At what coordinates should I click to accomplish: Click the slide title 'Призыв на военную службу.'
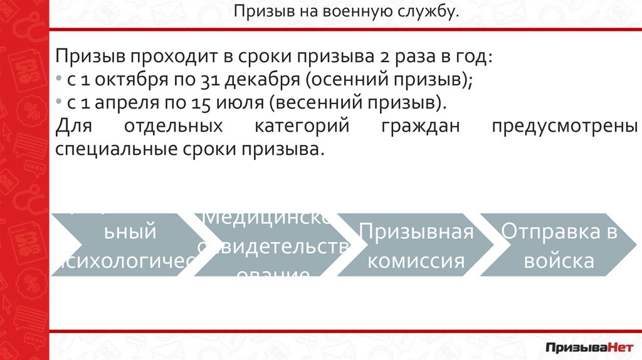(x=346, y=12)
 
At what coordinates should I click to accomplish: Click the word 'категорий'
(x=301, y=126)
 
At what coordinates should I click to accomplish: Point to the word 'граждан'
(x=420, y=126)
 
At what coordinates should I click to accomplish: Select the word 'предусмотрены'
(x=564, y=126)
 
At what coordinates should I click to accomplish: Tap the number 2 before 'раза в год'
(x=384, y=58)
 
